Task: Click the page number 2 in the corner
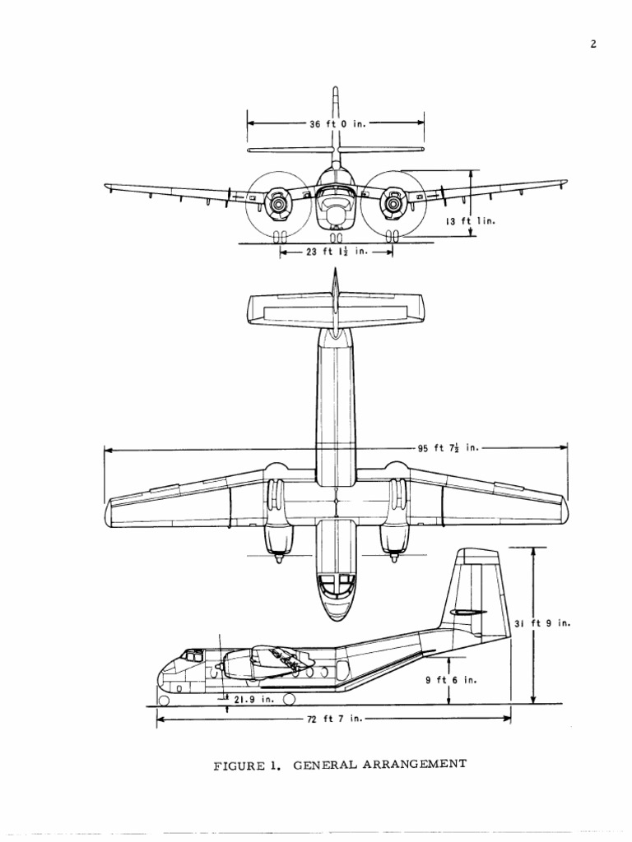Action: [x=592, y=44]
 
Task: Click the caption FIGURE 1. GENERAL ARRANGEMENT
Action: [x=340, y=764]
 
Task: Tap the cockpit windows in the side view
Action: [x=192, y=656]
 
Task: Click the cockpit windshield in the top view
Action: [x=337, y=585]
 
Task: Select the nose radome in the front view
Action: [x=336, y=215]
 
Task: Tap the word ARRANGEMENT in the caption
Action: [x=417, y=764]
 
